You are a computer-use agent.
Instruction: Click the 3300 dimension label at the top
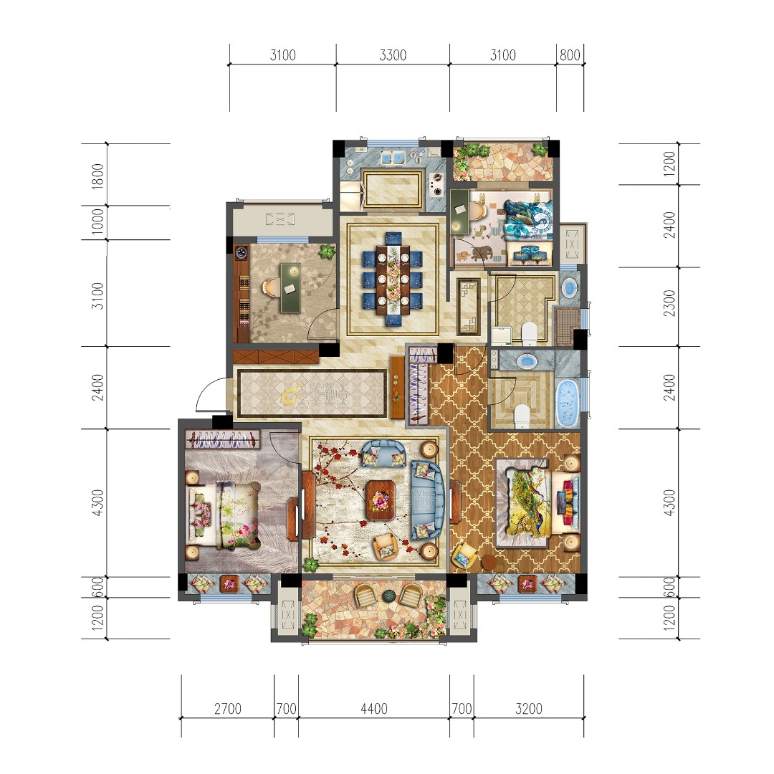pos(392,56)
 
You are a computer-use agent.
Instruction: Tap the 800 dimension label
pos(570,56)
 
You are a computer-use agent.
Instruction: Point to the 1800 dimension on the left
pos(98,176)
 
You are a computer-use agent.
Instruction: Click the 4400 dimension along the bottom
pos(373,709)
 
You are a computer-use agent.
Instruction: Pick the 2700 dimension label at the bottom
pos(227,709)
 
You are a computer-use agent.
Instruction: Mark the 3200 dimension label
pos(528,709)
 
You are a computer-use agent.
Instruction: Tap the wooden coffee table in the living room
pos(380,499)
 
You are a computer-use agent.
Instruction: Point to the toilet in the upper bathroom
pos(529,333)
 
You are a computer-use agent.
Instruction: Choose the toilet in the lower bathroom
pos(522,414)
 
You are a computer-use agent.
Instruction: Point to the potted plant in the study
pos(327,252)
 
